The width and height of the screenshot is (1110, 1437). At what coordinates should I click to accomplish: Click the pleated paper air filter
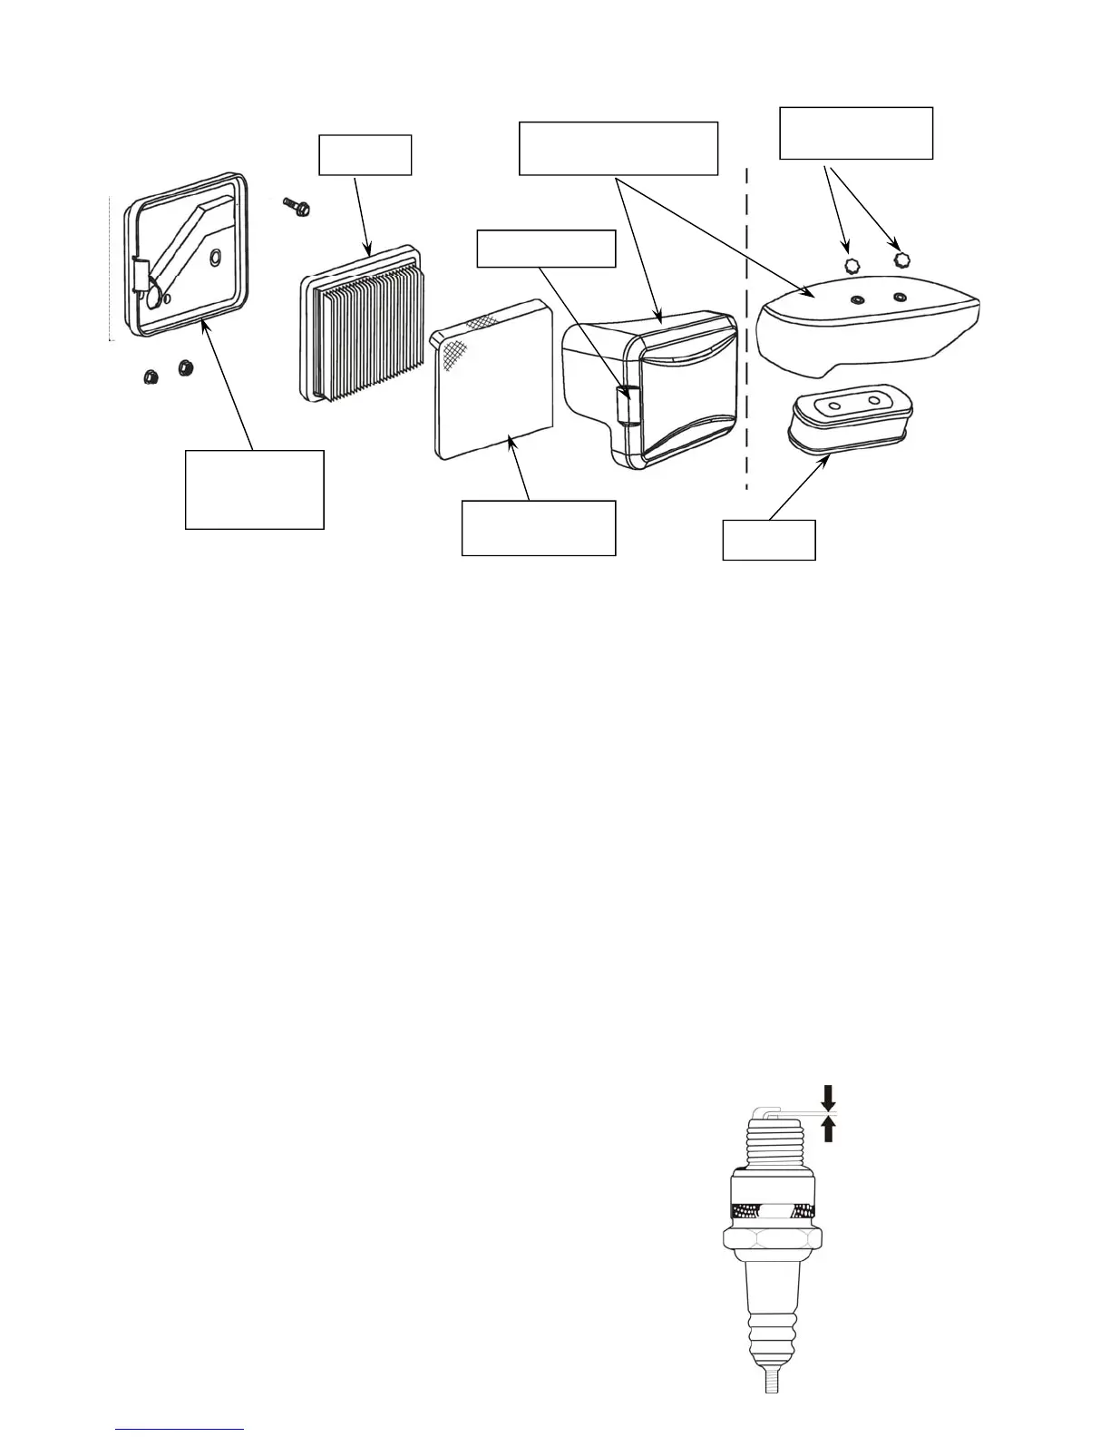361,337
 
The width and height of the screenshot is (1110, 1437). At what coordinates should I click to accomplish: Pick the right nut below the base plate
186,368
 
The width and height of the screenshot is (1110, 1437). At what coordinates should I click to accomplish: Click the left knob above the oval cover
852,265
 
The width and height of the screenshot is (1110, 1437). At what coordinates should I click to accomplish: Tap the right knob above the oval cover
901,259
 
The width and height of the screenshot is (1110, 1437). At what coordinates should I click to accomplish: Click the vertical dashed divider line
746,327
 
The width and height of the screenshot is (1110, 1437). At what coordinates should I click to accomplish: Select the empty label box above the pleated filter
365,155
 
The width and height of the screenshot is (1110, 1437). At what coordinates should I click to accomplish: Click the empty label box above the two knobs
856,133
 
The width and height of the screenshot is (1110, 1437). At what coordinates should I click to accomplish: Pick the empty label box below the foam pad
539,528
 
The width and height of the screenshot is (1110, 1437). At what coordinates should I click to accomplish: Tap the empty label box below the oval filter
769,540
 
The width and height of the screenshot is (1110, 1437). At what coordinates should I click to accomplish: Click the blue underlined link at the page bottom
180,1430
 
